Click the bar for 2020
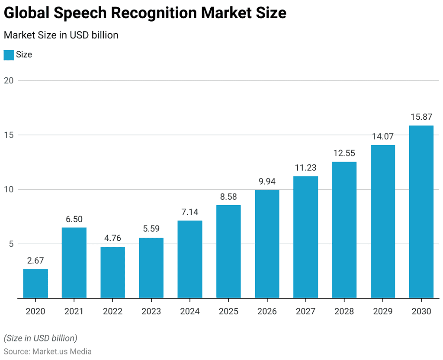(x=35, y=284)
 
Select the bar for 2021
(x=74, y=263)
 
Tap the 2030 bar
(x=421, y=212)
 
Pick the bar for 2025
(x=228, y=252)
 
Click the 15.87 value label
(x=421, y=117)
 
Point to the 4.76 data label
(x=112, y=238)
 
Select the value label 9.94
(x=267, y=182)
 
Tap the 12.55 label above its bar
(x=344, y=153)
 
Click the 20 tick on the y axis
(x=9, y=80)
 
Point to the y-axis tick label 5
(x=11, y=244)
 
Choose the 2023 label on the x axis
(x=151, y=311)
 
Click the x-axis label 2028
(x=344, y=311)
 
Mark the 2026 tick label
(x=267, y=311)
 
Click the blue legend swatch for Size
(x=9, y=55)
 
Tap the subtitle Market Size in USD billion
(x=61, y=35)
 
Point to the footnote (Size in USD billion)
(x=40, y=338)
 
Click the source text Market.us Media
(x=62, y=351)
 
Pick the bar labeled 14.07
(x=383, y=221)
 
